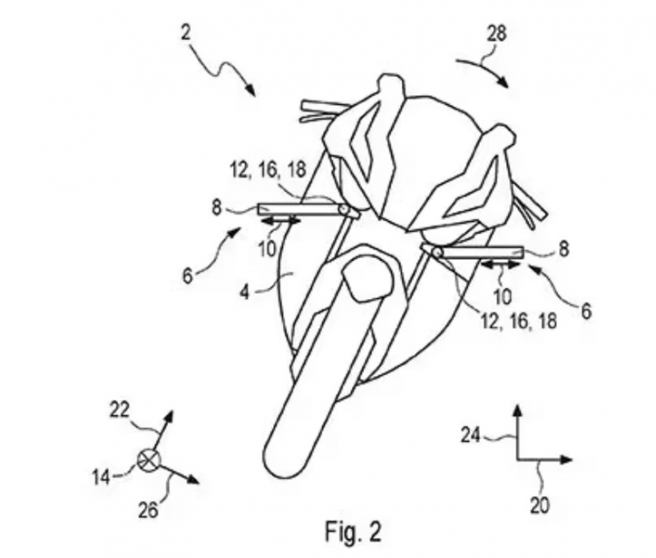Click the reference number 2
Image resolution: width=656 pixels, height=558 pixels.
coord(186,33)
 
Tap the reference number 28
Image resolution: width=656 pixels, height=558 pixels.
coord(496,34)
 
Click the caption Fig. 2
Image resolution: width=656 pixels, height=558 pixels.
coord(353,532)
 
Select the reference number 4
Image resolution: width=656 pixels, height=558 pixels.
coord(244,292)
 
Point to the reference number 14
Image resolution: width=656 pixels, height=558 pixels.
coord(102,477)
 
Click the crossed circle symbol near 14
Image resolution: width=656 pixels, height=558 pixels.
coord(149,460)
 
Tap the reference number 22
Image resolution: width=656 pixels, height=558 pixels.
coord(119,410)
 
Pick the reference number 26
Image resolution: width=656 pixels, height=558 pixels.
coord(148,510)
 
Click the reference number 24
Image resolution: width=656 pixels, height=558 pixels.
coord(471,436)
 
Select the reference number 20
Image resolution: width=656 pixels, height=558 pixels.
coord(540,506)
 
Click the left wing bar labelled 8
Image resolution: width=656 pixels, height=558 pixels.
coord(307,210)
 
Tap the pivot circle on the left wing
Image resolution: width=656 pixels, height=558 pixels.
coord(344,209)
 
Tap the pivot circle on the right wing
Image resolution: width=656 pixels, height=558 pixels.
coord(437,252)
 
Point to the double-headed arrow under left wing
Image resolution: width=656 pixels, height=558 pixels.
coord(280,220)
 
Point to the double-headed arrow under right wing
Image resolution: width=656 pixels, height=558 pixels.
coord(501,265)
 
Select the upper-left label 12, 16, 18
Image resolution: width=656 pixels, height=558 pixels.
coord(268,170)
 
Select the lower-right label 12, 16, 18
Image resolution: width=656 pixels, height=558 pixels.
coord(519,321)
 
